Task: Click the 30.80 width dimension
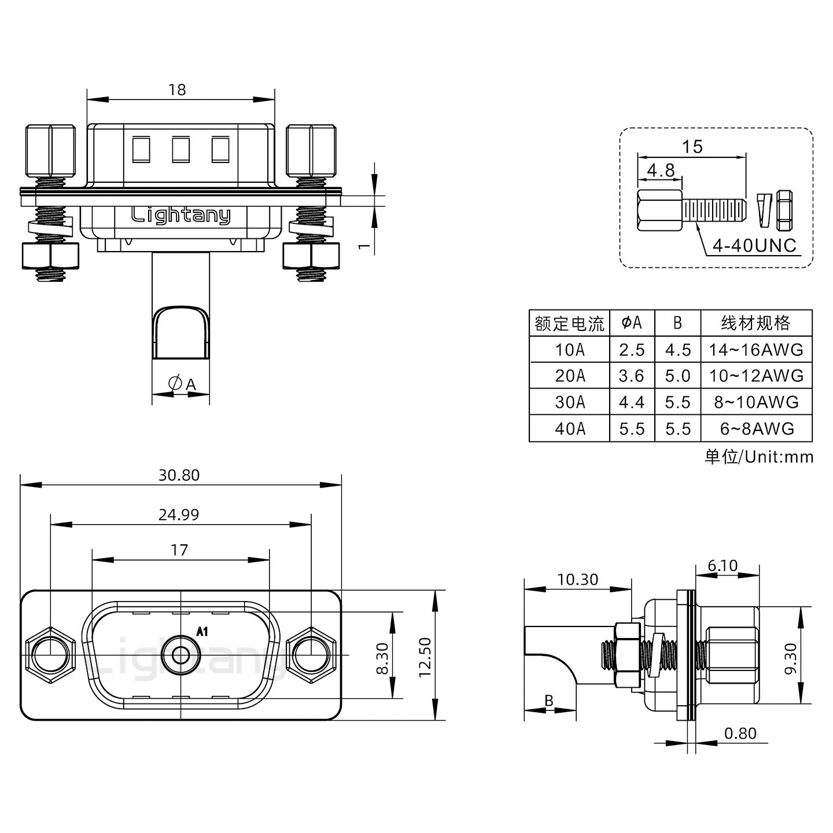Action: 179,475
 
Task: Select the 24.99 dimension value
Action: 179,514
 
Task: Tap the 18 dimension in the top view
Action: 177,90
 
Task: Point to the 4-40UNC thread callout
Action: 754,246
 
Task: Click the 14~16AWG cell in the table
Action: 756,349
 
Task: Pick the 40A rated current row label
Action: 570,429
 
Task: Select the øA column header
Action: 632,323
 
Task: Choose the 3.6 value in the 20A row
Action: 631,376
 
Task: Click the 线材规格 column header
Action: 755,323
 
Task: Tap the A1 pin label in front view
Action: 202,632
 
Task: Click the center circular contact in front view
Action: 181,655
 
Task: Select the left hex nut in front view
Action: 50,655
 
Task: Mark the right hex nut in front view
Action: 312,655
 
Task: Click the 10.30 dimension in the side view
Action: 577,579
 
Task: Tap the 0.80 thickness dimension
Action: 740,734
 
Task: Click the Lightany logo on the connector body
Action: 180,216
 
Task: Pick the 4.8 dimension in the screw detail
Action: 660,170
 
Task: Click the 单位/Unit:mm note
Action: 758,457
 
